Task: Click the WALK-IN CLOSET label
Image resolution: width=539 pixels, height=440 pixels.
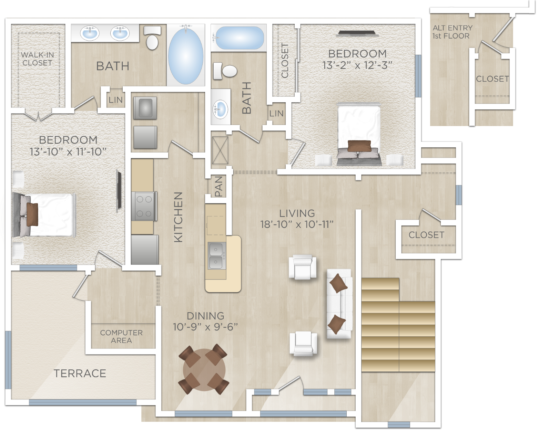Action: pos(37,59)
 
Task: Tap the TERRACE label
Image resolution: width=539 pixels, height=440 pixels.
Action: pos(80,373)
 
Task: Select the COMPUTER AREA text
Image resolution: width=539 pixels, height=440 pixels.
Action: pos(121,337)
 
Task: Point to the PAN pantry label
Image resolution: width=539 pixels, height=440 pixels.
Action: pos(218,186)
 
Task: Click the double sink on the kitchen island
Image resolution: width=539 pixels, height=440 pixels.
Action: pos(216,256)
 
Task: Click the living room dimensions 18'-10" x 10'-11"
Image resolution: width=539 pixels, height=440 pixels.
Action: pos(297,224)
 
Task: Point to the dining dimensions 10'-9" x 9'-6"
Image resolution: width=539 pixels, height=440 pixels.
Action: pos(205,326)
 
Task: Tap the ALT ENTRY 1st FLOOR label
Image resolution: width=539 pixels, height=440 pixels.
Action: pos(452,32)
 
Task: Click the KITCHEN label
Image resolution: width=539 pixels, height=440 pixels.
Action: pos(178,217)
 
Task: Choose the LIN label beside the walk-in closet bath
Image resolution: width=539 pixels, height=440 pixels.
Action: pos(115,100)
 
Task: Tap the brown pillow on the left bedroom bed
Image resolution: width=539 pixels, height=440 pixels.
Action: pos(32,214)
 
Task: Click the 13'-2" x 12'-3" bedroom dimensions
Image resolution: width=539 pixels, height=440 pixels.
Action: pos(357,65)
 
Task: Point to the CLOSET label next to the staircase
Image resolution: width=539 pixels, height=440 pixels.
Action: pos(426,235)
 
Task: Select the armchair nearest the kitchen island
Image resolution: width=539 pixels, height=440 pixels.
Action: pos(303,267)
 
